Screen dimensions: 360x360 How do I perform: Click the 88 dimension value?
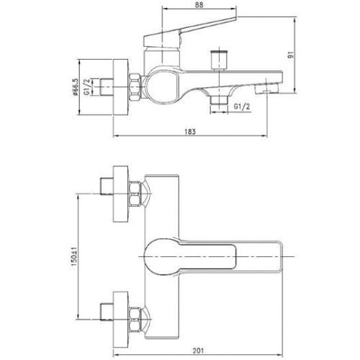(199, 5)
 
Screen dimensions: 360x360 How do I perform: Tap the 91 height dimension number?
(291, 55)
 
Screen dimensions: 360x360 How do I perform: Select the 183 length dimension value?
(190, 132)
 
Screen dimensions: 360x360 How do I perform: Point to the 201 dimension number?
(198, 351)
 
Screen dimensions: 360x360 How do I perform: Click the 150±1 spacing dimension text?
(74, 256)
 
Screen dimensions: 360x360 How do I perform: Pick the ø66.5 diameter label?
(76, 87)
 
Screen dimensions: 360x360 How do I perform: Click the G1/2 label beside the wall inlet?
(87, 87)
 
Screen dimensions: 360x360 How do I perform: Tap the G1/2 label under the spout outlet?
(242, 107)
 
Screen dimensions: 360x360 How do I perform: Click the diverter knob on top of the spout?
(218, 60)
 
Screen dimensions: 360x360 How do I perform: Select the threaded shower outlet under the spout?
(219, 99)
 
